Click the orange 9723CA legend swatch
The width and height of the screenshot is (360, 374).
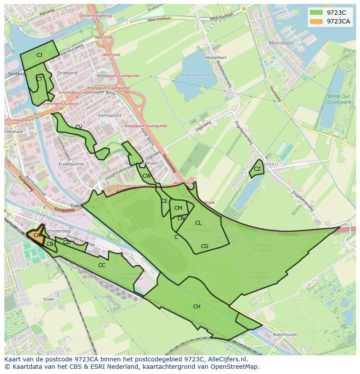[x=316, y=21]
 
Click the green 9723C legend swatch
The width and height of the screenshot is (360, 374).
[x=316, y=13]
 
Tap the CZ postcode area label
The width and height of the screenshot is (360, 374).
[x=257, y=169]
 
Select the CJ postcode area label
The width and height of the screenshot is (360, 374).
[x=39, y=55]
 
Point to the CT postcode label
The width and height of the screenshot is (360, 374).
[x=39, y=79]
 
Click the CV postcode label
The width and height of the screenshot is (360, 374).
[x=79, y=127]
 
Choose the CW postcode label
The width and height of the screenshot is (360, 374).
[x=147, y=176]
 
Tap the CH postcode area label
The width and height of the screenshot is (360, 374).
[x=197, y=307]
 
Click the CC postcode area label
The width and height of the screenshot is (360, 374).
[x=102, y=265]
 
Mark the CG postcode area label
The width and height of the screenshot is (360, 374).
[x=204, y=246]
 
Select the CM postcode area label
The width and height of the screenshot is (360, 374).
[x=178, y=208]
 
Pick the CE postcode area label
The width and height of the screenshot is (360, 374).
[x=164, y=201]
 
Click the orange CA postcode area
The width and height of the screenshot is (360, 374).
[x=37, y=235]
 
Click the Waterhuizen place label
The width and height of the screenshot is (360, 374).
[x=284, y=335]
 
